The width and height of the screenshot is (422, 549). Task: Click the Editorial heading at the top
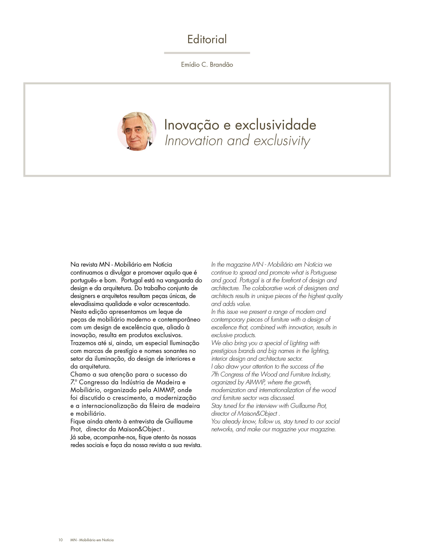pos(207,39)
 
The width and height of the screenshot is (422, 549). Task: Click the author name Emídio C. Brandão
pos(207,65)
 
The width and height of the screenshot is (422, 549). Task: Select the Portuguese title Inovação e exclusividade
pos(240,125)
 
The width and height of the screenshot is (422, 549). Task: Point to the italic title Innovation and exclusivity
pos(237,140)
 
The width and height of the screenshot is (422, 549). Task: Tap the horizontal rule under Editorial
pos(207,53)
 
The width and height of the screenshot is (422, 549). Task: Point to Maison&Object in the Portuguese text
pos(139,429)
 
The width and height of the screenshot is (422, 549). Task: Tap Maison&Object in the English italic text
pos(257,414)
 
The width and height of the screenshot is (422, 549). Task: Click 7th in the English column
pos(215,375)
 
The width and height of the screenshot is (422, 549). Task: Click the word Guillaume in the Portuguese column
pos(179,422)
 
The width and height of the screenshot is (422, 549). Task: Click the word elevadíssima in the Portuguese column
pos(87,304)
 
